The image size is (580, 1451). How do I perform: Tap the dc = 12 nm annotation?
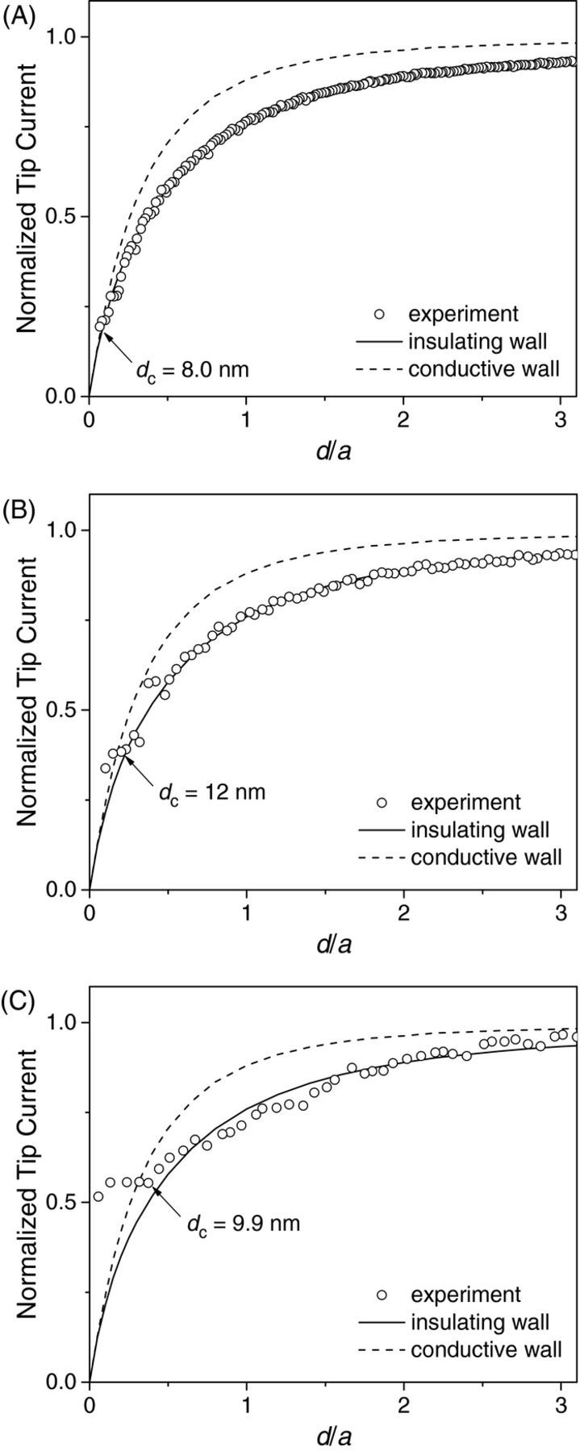pos(211,792)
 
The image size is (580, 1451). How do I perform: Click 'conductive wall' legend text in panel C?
pos(486,1349)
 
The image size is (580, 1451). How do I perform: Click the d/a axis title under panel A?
pos(332,450)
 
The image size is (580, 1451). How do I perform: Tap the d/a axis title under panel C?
pos(332,1436)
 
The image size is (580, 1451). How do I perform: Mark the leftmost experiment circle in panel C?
pos(98,1196)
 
